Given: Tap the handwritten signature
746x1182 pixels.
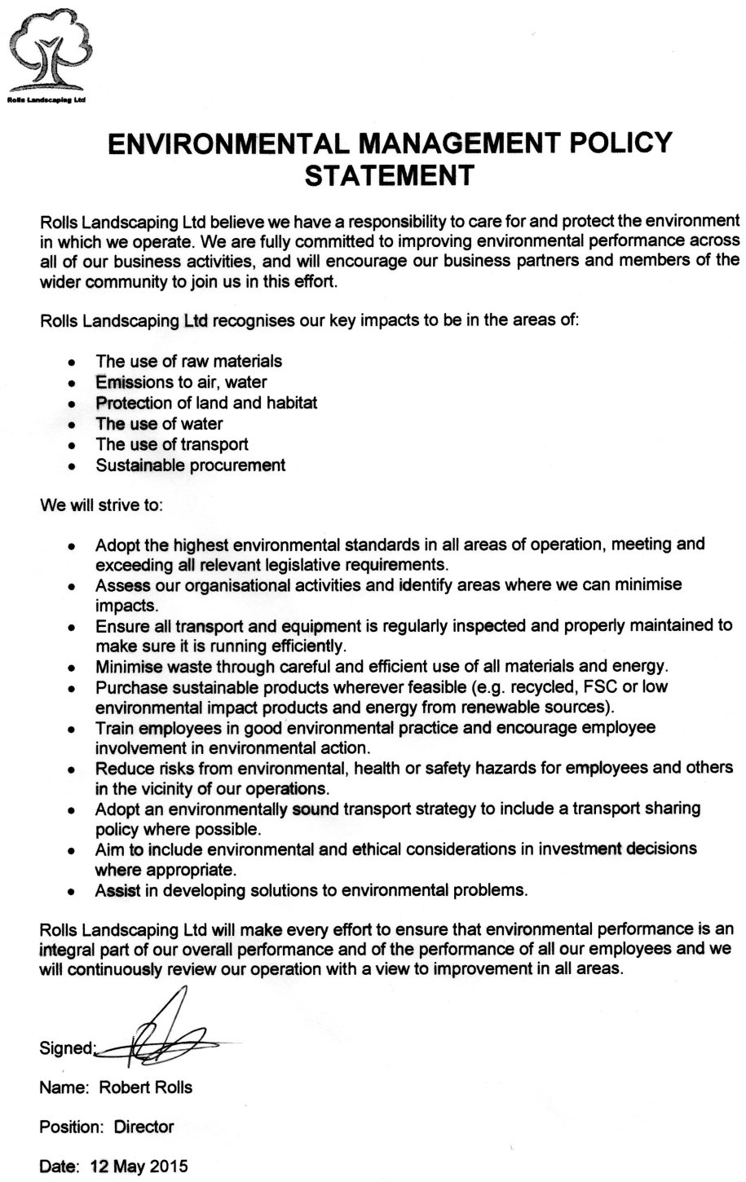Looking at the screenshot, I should pos(163,1035).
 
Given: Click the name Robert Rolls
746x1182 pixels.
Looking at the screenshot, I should pos(145,1087).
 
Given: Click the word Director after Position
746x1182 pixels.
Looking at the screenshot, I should pos(143,1127).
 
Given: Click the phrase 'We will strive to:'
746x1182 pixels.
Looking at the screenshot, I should pos(102,505).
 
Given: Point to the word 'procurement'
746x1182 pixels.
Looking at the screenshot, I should pos(237,465).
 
